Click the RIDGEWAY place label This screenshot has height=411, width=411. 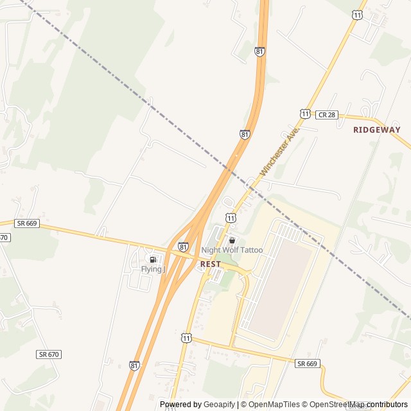(x=376, y=130)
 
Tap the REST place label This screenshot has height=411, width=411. (x=210, y=264)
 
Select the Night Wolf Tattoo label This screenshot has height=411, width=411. (x=232, y=250)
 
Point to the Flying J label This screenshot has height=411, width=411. (x=153, y=269)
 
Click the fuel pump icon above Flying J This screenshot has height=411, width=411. (x=153, y=259)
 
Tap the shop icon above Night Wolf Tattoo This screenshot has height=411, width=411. (x=232, y=240)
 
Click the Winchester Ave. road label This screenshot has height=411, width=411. (x=280, y=152)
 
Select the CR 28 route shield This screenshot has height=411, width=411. (x=326, y=114)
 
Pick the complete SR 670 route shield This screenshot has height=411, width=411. (x=49, y=354)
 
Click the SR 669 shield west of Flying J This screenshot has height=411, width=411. (x=28, y=223)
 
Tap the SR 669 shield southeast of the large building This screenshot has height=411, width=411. (x=307, y=363)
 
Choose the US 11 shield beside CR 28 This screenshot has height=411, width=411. (x=304, y=113)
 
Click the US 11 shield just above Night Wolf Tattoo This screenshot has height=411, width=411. (x=230, y=218)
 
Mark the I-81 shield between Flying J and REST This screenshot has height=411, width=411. (x=184, y=247)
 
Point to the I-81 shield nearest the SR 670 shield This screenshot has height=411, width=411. (x=134, y=365)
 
